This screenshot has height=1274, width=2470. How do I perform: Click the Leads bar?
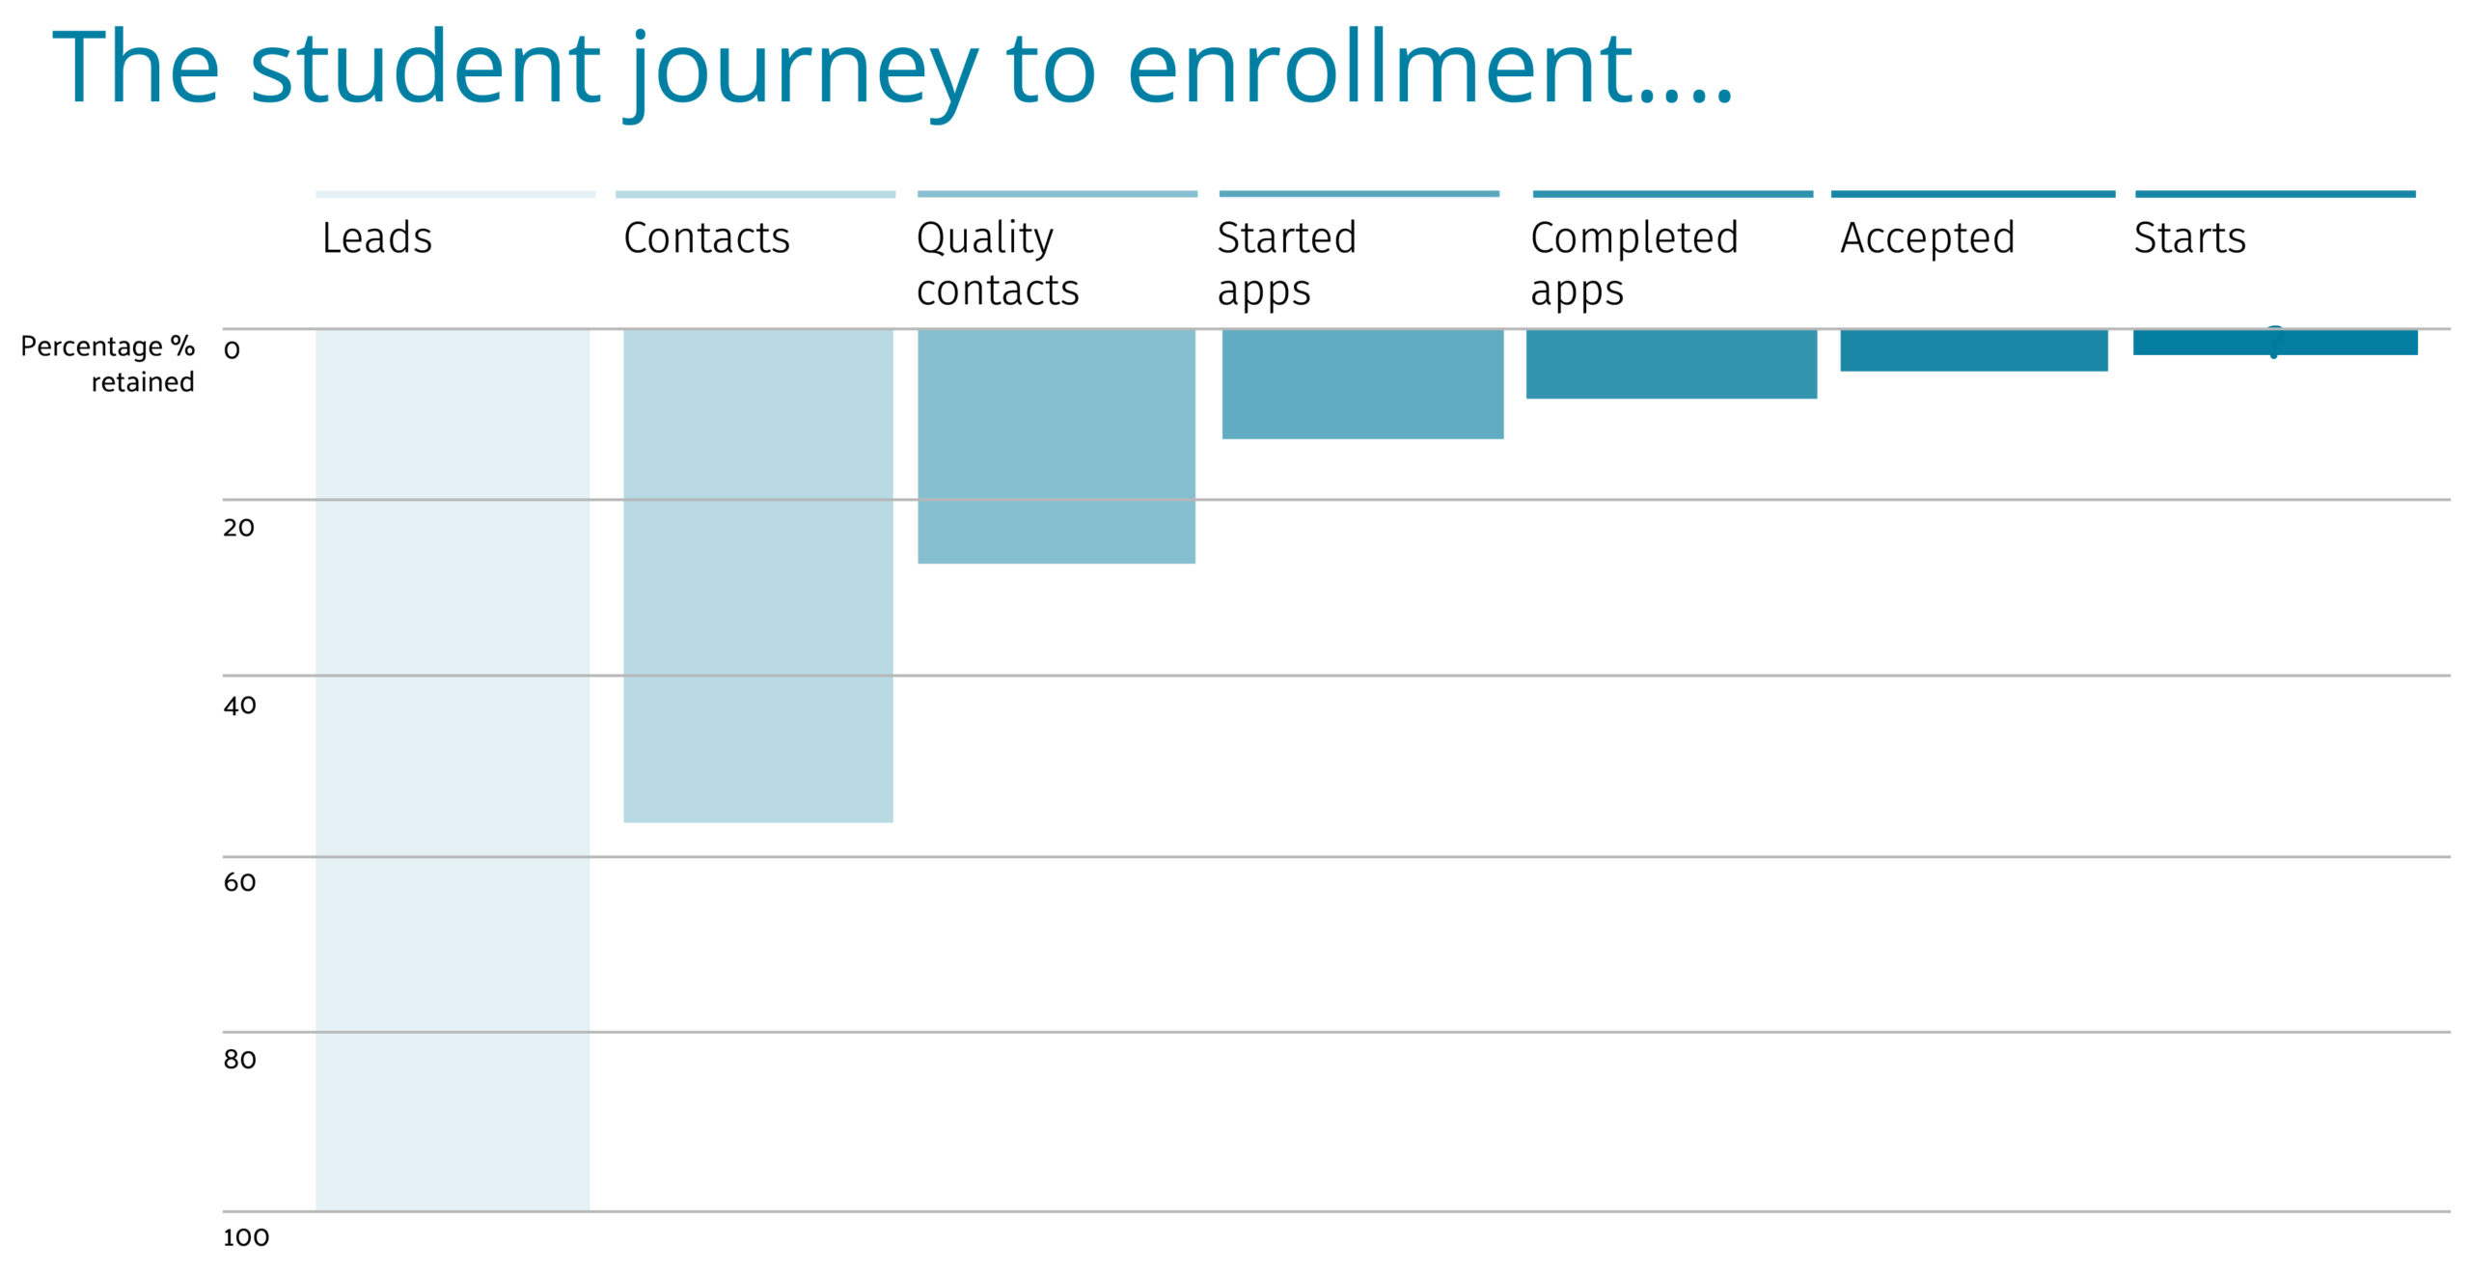coord(453,769)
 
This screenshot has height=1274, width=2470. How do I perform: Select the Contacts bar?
coord(758,575)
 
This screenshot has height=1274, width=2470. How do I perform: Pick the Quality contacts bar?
coord(1057,446)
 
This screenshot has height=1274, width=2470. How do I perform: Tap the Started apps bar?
coord(1362,384)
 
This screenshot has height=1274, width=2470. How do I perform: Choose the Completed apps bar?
coord(1671,364)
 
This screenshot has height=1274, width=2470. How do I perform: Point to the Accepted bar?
coord(1973,350)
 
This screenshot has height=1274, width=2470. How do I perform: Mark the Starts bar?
coord(2275,343)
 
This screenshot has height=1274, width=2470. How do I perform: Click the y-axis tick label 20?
coord(238,528)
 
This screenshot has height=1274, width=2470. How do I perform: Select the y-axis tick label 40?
coord(239,706)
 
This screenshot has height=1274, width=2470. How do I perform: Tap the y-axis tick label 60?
coord(239,882)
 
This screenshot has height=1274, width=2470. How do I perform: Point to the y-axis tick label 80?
coord(239,1060)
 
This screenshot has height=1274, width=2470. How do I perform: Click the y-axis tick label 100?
coord(246,1237)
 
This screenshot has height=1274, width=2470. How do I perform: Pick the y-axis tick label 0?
coord(232,350)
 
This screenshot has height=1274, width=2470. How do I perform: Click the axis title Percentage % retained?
coord(108,364)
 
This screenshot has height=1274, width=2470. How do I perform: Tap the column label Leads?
coord(376,237)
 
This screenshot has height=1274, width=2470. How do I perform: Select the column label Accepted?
coord(1927,238)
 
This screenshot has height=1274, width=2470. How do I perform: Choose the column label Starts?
coord(2189,237)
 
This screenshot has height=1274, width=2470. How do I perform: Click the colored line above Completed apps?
coord(1672,194)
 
